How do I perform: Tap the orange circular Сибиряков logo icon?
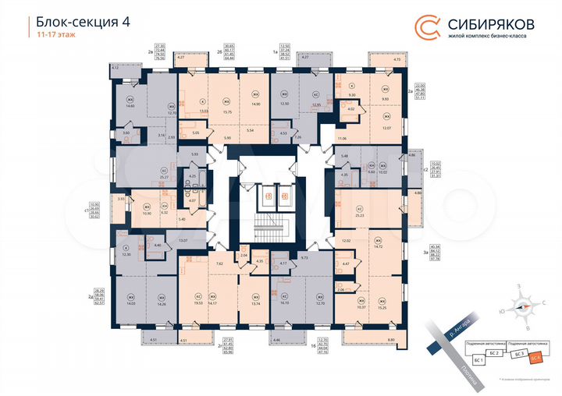[x=427, y=27]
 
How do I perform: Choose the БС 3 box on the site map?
[x=518, y=353]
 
